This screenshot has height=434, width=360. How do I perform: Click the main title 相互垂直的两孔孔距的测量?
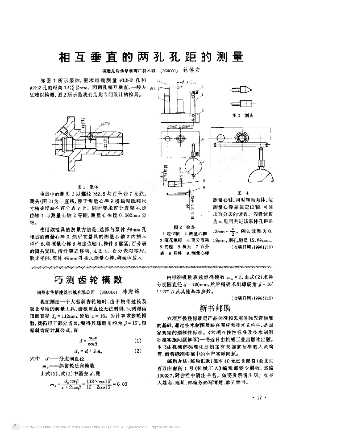pos(150,57)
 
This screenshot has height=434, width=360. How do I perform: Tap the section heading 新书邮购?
pos(215,307)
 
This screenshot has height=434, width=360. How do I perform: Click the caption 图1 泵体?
pos(88,187)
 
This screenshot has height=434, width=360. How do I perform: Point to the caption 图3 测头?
pos(241,115)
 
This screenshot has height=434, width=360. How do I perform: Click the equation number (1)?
pos(138,341)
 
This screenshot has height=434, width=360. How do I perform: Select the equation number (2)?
pos(138,351)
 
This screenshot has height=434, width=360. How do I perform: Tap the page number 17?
pos(260,397)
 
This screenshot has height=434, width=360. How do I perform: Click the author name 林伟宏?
pos(193,70)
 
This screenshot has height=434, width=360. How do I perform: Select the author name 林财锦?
pos(130,292)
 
